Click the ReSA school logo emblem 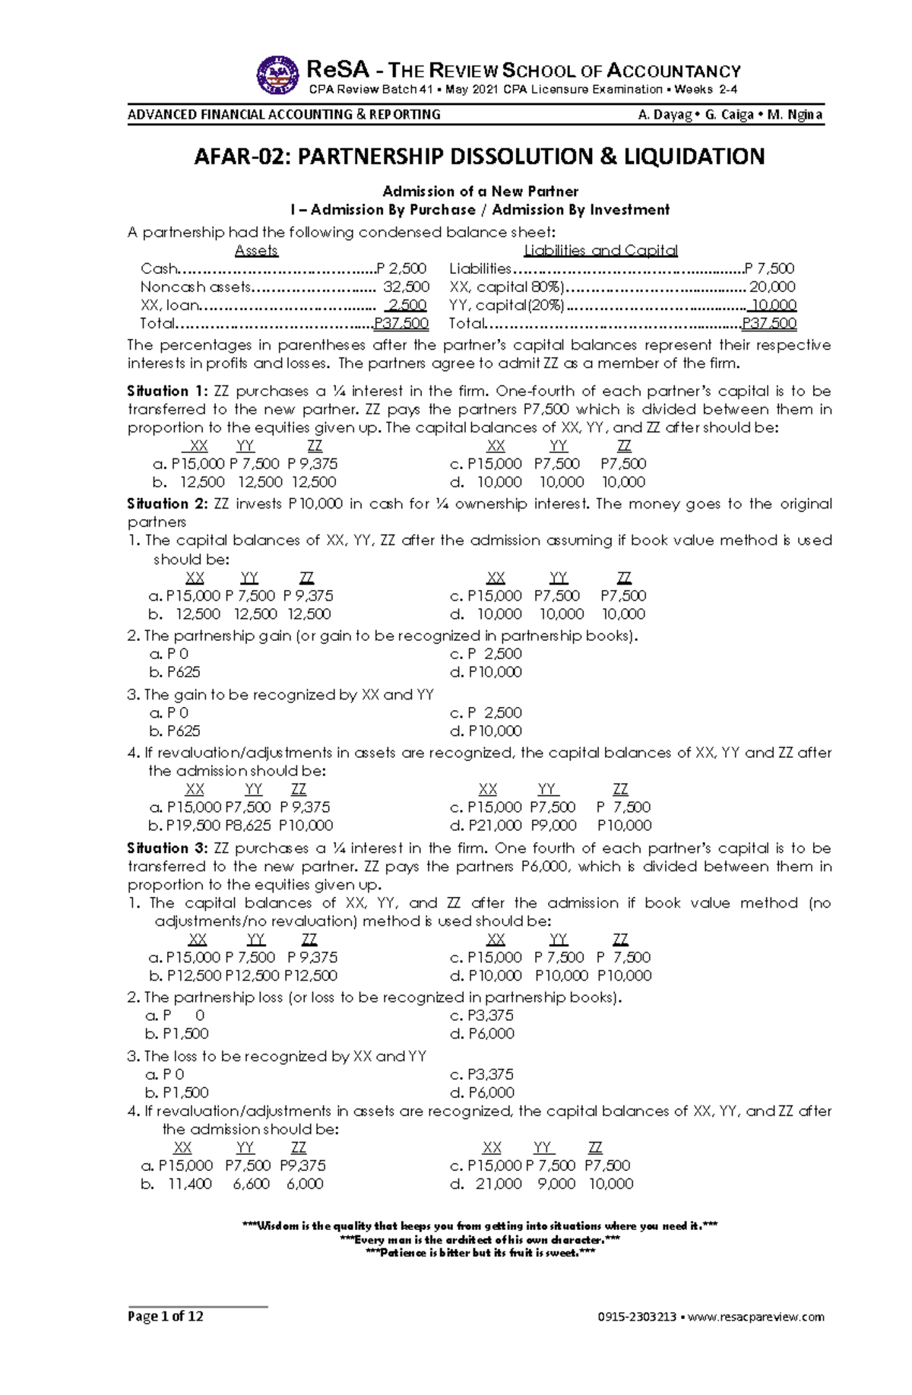tap(277, 75)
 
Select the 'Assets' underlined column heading tap(256, 250)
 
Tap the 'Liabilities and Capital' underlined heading tap(600, 250)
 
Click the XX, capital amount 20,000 tap(772, 287)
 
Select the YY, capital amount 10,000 tap(774, 305)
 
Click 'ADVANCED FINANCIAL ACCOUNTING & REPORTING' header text tap(284, 115)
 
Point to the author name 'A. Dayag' tap(665, 115)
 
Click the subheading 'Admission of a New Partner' tap(480, 192)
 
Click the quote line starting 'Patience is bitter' tap(480, 1253)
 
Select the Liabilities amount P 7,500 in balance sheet tap(770, 268)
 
